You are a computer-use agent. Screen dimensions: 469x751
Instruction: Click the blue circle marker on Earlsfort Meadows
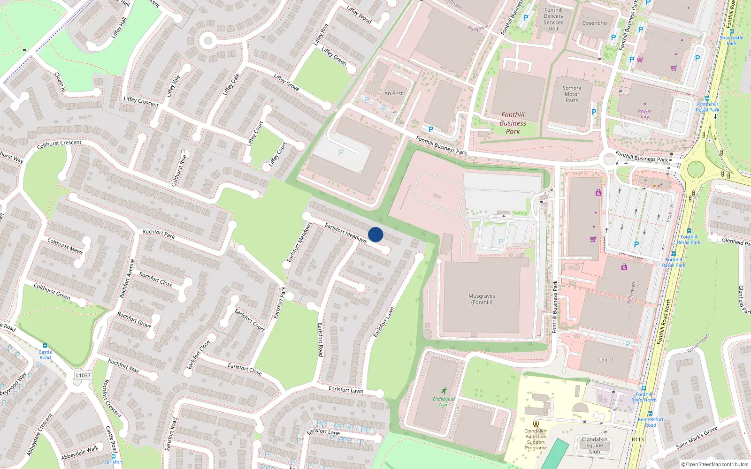click(x=375, y=234)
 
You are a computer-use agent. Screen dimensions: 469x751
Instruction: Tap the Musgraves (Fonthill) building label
click(x=482, y=299)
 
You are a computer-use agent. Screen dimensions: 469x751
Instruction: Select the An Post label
click(x=393, y=93)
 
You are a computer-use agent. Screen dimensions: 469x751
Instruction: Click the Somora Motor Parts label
click(x=572, y=94)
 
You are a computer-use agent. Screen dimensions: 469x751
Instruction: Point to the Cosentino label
click(x=594, y=23)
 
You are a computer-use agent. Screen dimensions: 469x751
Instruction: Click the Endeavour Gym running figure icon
click(x=444, y=390)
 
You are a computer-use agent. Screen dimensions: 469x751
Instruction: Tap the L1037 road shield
click(x=83, y=375)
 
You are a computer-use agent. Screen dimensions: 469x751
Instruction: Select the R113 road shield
click(x=637, y=439)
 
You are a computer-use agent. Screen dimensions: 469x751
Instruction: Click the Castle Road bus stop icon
click(x=45, y=346)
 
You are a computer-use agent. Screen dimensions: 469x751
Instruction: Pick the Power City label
click(x=644, y=114)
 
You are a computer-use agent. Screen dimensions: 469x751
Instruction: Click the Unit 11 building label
click(x=605, y=360)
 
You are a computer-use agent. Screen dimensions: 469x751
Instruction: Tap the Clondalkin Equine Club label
click(x=594, y=446)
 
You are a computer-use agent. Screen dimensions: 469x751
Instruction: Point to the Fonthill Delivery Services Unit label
click(x=553, y=19)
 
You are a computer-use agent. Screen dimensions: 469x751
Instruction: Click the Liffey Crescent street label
click(x=141, y=101)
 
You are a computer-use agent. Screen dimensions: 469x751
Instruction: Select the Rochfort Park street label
click(x=158, y=234)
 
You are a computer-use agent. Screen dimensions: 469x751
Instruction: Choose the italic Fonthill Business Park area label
click(x=513, y=123)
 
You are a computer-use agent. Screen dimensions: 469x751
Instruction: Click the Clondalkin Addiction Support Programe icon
click(x=536, y=424)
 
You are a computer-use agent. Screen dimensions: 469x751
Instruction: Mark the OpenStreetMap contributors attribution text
click(x=715, y=465)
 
